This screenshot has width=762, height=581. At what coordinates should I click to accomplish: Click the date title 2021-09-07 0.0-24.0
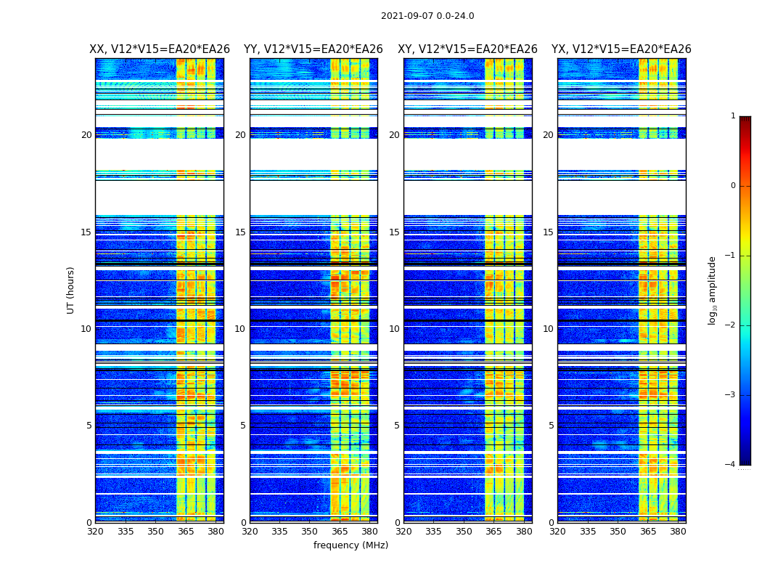pyautogui.click(x=427, y=16)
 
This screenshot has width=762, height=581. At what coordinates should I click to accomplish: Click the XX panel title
pyautogui.click(x=160, y=49)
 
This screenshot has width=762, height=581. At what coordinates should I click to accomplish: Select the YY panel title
pyautogui.click(x=314, y=49)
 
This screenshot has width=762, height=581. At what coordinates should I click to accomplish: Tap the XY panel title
pyautogui.click(x=467, y=49)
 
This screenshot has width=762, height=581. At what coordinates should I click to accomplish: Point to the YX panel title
pyautogui.click(x=621, y=49)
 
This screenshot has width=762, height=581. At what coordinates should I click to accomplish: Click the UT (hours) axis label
pyautogui.click(x=71, y=290)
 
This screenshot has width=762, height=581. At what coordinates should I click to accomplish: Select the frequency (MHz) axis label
pyautogui.click(x=351, y=545)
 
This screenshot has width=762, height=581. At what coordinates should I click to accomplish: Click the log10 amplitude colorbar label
pyautogui.click(x=713, y=290)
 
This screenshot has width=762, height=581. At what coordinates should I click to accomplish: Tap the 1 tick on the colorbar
pyautogui.click(x=733, y=116)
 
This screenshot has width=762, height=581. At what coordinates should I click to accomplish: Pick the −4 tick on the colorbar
pyautogui.click(x=731, y=465)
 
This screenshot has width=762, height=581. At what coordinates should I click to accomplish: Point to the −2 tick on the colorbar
pyautogui.click(x=731, y=325)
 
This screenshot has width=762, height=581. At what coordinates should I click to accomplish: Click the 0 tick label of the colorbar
pyautogui.click(x=733, y=186)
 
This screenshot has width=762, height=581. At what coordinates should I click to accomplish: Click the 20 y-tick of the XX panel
pyautogui.click(x=86, y=135)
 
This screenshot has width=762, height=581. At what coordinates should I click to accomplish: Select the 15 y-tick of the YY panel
pyautogui.click(x=240, y=232)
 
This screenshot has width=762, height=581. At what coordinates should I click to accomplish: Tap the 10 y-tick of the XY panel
pyautogui.click(x=394, y=329)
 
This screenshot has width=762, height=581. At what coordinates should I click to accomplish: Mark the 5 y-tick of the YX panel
pyautogui.click(x=551, y=426)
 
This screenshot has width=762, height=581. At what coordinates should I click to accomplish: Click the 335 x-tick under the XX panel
pyautogui.click(x=126, y=532)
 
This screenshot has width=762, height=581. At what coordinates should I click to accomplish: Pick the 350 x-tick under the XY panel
pyautogui.click(x=464, y=532)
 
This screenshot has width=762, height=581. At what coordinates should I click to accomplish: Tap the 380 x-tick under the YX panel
pyautogui.click(x=678, y=532)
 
